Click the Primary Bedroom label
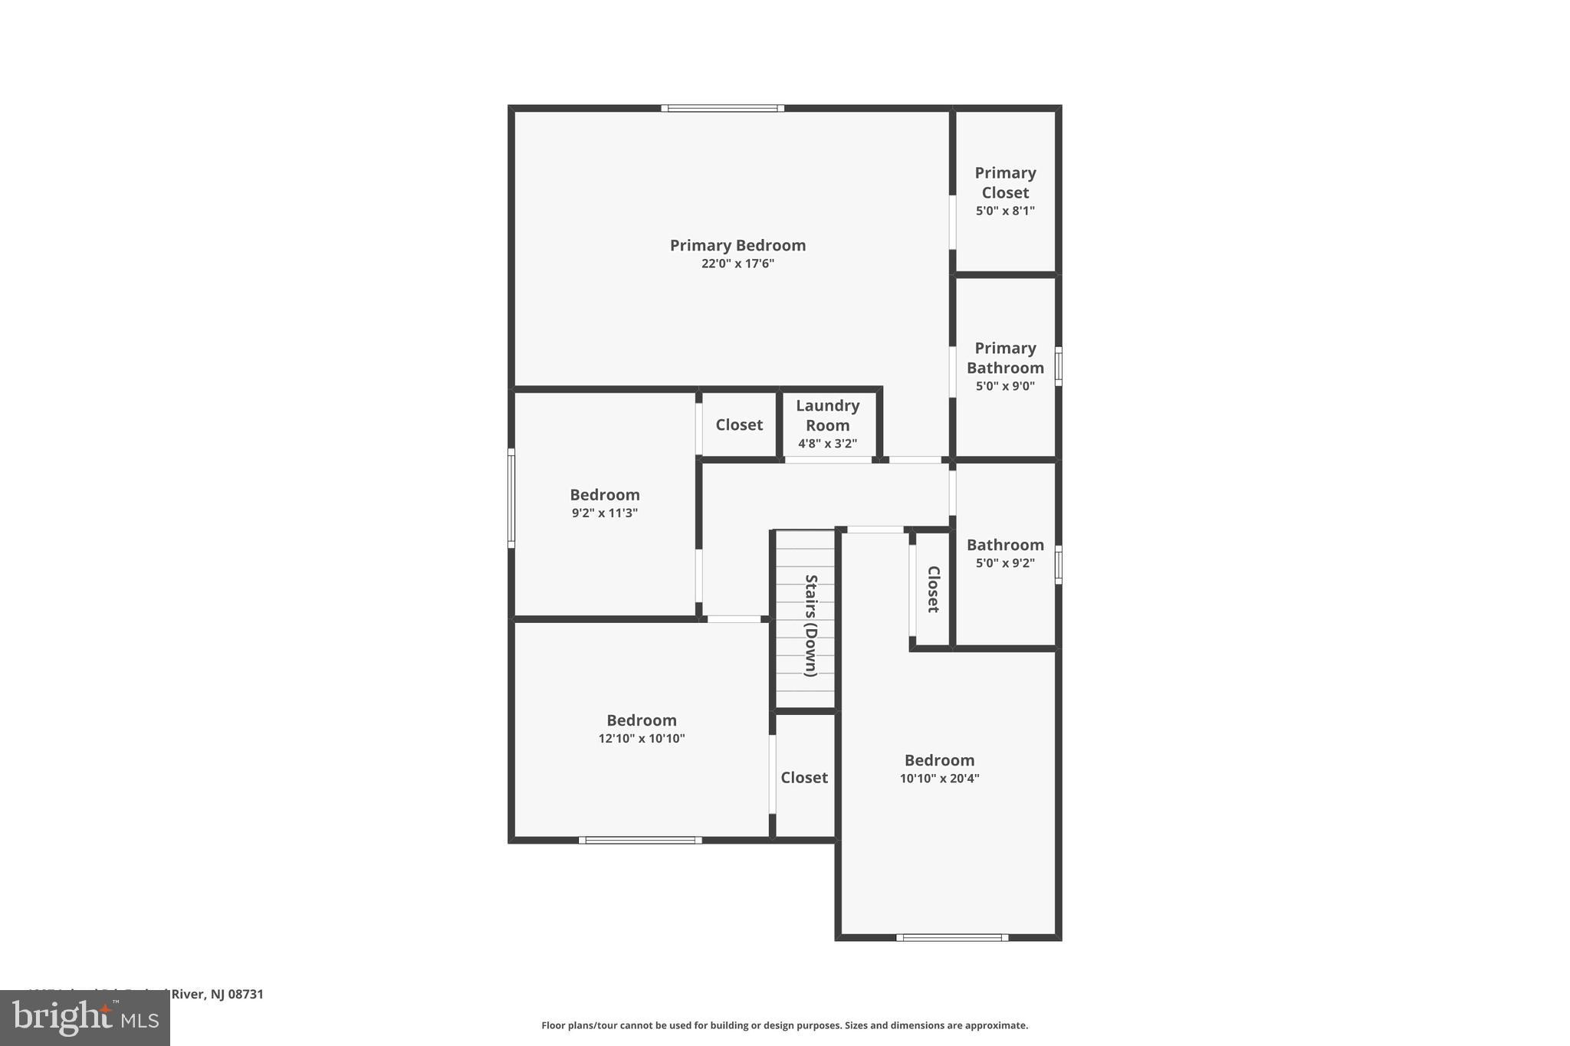tap(737, 245)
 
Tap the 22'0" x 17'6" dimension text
tap(737, 264)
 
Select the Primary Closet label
tap(1005, 182)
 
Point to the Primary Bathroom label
tap(1005, 358)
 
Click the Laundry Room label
tap(827, 415)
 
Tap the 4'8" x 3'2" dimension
tap(827, 444)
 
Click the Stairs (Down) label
tap(810, 625)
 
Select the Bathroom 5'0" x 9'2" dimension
tap(1005, 563)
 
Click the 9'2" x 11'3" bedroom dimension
tap(605, 513)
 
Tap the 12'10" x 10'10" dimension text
tap(642, 739)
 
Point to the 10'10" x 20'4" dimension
tap(939, 779)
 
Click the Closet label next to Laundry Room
tap(739, 425)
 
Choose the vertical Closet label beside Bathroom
tap(933, 589)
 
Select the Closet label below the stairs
tap(804, 778)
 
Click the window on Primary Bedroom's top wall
tap(722, 108)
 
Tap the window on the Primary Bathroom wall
tap(1059, 366)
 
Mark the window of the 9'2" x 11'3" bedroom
tap(511, 498)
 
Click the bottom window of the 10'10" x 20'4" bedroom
tap(952, 937)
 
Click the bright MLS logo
tap(85, 1018)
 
